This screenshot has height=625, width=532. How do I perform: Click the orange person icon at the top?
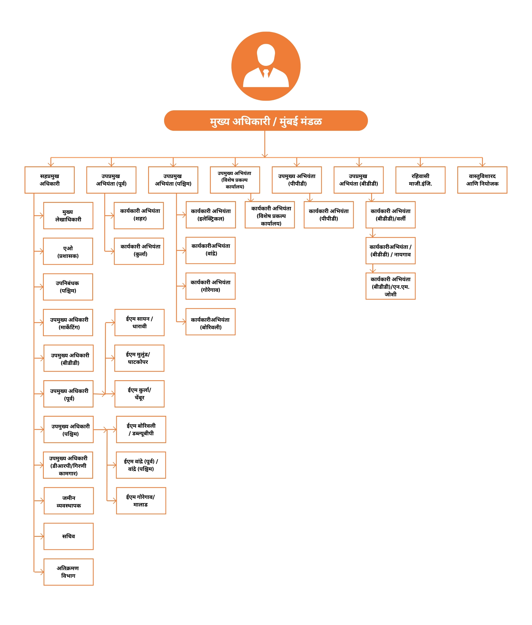[266, 66]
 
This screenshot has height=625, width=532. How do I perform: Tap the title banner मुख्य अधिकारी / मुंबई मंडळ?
[266, 121]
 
